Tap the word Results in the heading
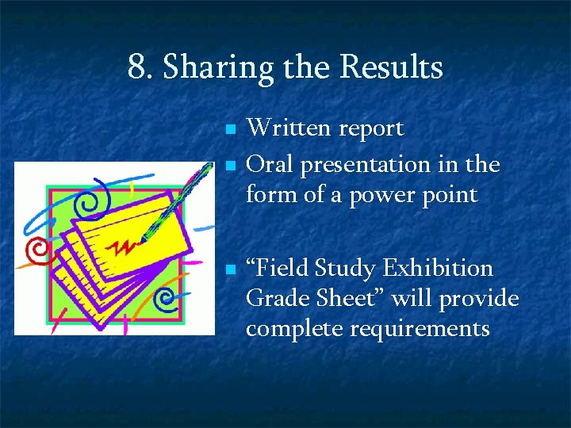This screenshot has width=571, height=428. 391,68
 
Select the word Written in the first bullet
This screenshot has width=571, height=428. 287,128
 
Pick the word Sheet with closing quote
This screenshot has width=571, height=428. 351,298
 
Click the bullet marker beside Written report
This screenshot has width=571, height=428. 228,129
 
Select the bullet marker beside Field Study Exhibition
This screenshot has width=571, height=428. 228,269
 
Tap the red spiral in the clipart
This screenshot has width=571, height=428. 36,252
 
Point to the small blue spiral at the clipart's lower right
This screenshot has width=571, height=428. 167,299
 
